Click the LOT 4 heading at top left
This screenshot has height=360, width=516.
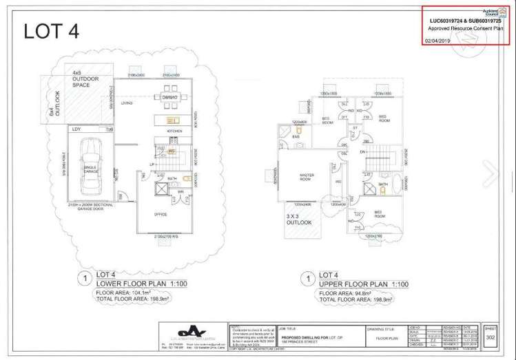[x=52, y=32]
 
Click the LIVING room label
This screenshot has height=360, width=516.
[x=127, y=103]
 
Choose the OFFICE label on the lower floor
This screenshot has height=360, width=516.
[x=160, y=214]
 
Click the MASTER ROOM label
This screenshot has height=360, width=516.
[x=307, y=176]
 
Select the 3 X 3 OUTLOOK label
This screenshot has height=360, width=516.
[x=300, y=219]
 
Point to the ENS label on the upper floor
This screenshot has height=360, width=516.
[x=295, y=138]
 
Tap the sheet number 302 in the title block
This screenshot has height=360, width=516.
[x=490, y=337]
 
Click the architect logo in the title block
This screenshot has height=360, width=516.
[x=180, y=330]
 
